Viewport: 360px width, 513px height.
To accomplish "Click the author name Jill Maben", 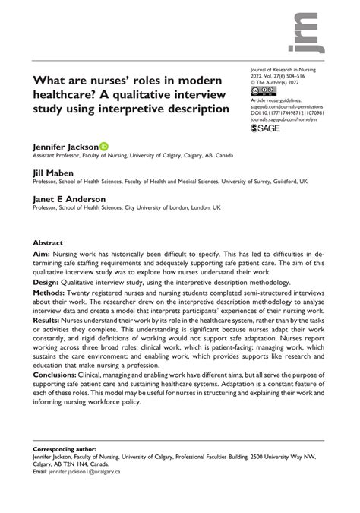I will (49, 173).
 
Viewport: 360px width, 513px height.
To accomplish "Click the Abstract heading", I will (48, 245).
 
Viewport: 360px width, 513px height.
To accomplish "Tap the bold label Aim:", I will (42, 261).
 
